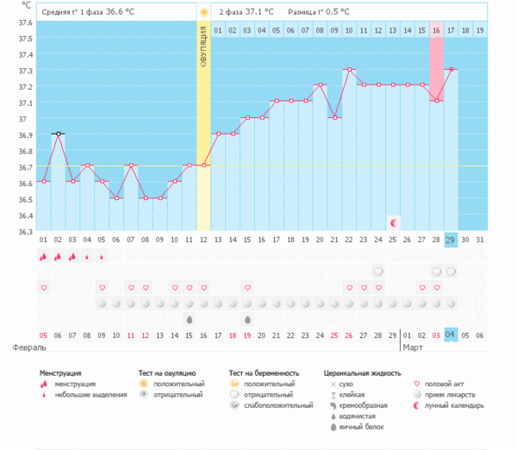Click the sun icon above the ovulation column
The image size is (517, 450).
pyautogui.click(x=203, y=13)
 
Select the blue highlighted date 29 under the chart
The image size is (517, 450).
pyautogui.click(x=451, y=239)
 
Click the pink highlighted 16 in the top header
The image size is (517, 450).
pyautogui.click(x=437, y=31)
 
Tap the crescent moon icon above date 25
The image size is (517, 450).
pyautogui.click(x=393, y=222)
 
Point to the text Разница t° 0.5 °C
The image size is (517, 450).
pyautogui.click(x=320, y=13)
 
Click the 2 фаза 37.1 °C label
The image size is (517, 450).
pyautogui.click(x=246, y=13)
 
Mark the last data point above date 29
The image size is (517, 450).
pyautogui.click(x=451, y=69)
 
